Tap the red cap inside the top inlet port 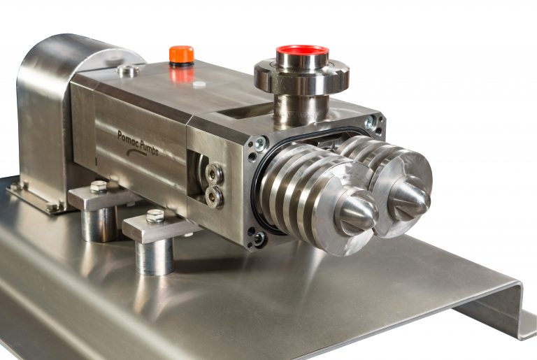(302, 52)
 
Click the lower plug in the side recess (213, 196)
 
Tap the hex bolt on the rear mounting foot (99, 187)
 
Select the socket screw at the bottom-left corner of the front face (259, 238)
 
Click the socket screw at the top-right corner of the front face (371, 122)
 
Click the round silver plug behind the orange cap (128, 70)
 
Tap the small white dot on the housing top (199, 84)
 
